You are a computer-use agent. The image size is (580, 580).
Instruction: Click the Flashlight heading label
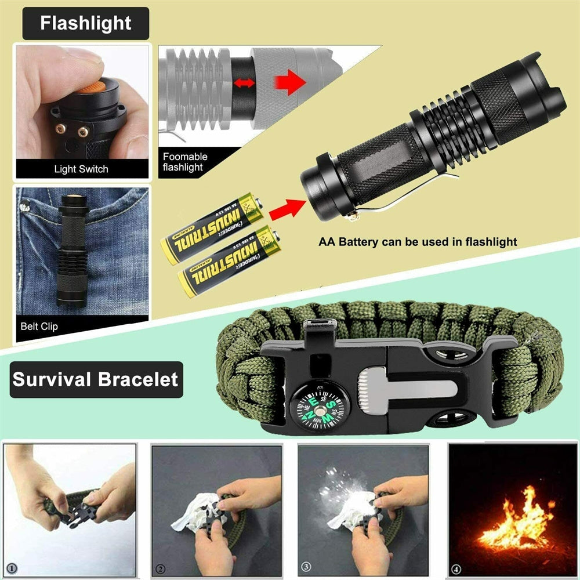85,24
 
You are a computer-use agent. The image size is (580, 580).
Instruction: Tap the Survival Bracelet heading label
96,380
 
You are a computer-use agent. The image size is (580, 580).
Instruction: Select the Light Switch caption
81,169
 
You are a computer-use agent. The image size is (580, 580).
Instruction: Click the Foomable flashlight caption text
184,162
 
